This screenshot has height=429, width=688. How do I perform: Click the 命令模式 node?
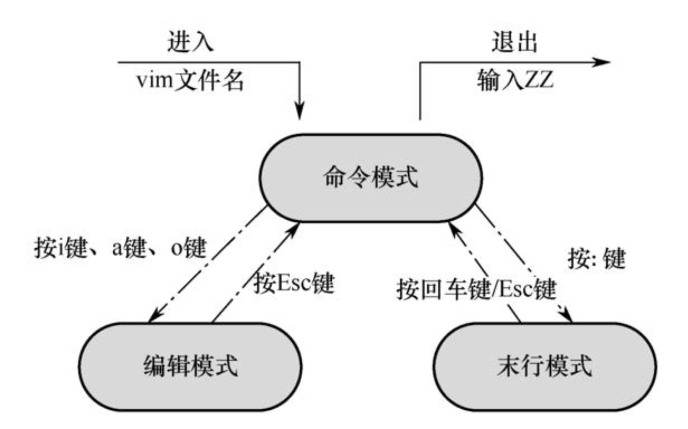[x=371, y=178]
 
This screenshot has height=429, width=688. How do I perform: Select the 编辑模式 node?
[x=190, y=366]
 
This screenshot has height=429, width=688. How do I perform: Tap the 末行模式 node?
[x=544, y=366]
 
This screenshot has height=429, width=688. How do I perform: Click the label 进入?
[x=190, y=42]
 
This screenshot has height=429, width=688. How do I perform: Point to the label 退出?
[x=514, y=42]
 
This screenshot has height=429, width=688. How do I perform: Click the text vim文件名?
[x=190, y=81]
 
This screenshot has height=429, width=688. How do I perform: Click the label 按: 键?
[x=596, y=258]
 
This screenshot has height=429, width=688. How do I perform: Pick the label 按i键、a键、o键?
[x=121, y=248]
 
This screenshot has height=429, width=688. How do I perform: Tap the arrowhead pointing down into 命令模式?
[x=300, y=112]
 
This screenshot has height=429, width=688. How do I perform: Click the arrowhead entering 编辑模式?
[x=154, y=316]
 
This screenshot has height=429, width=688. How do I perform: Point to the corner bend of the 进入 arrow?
[x=300, y=62]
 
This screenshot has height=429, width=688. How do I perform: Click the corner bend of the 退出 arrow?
[x=420, y=62]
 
